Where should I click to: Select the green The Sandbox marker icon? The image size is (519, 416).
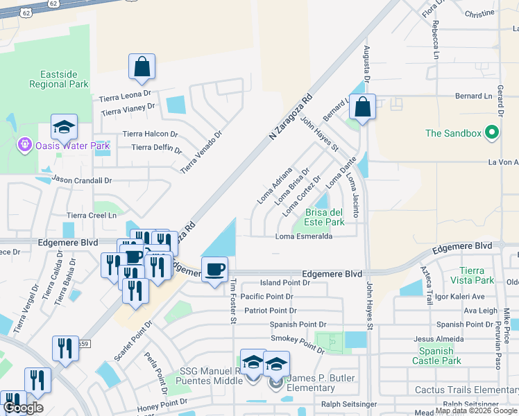click(493, 132)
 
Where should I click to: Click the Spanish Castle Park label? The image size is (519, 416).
click(437, 356)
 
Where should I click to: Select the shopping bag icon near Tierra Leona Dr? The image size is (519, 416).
click(142, 67)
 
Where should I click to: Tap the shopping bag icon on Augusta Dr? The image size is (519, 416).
click(362, 107)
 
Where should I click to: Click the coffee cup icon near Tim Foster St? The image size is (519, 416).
click(214, 269)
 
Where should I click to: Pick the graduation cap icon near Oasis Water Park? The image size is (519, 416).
click(64, 128)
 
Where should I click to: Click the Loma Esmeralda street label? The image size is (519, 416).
click(304, 236)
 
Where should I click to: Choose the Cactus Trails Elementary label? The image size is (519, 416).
click(466, 390)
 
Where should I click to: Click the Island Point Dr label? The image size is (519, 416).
click(284, 283)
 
